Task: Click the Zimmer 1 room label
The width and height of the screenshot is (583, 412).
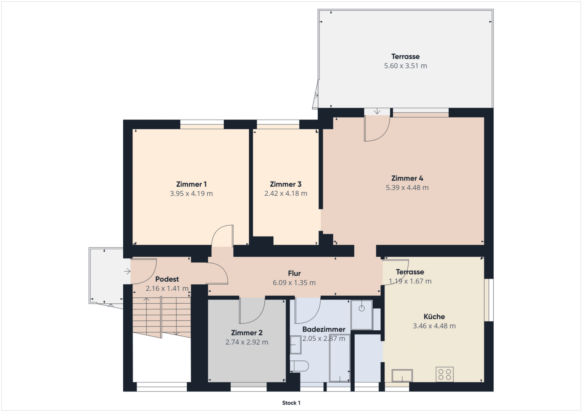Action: [x=191, y=184]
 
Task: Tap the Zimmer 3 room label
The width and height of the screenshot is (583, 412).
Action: [x=286, y=184]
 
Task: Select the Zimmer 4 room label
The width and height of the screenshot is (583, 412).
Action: [x=407, y=178]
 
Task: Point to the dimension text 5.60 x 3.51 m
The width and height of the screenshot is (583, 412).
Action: [x=405, y=66]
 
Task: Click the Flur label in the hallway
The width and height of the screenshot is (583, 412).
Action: [x=294, y=274]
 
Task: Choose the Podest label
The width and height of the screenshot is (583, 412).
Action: [x=167, y=279]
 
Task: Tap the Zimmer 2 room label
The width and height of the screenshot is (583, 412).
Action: [x=247, y=333]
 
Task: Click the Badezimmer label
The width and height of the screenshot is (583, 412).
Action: [x=324, y=329]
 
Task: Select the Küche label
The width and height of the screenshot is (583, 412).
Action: [x=434, y=317]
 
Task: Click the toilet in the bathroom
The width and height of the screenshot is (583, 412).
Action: [x=299, y=366]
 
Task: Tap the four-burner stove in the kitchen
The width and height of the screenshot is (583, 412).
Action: [x=444, y=374]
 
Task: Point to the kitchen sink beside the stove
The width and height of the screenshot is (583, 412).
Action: [x=402, y=376]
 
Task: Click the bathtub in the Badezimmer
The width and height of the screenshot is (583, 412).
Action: [x=339, y=359]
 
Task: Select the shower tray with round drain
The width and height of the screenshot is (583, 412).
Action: [x=362, y=315]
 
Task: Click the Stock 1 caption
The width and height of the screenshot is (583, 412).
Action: [x=291, y=403]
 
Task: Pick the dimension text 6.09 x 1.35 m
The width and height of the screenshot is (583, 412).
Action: [x=294, y=283]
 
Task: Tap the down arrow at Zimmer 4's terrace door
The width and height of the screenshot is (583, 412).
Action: [x=377, y=111]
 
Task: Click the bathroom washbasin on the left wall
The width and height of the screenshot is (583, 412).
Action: [x=296, y=344]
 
